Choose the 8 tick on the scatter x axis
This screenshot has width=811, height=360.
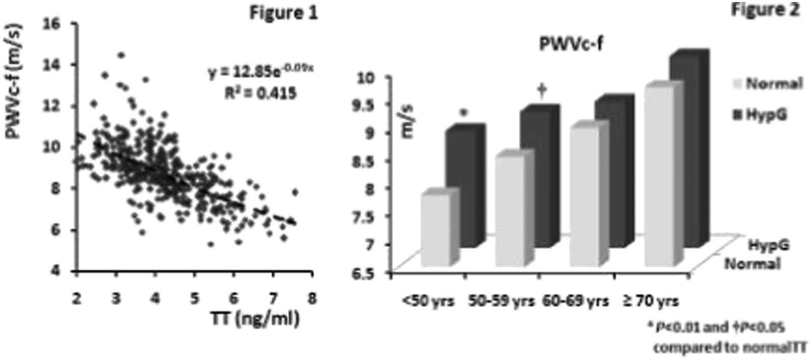[312, 295]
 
